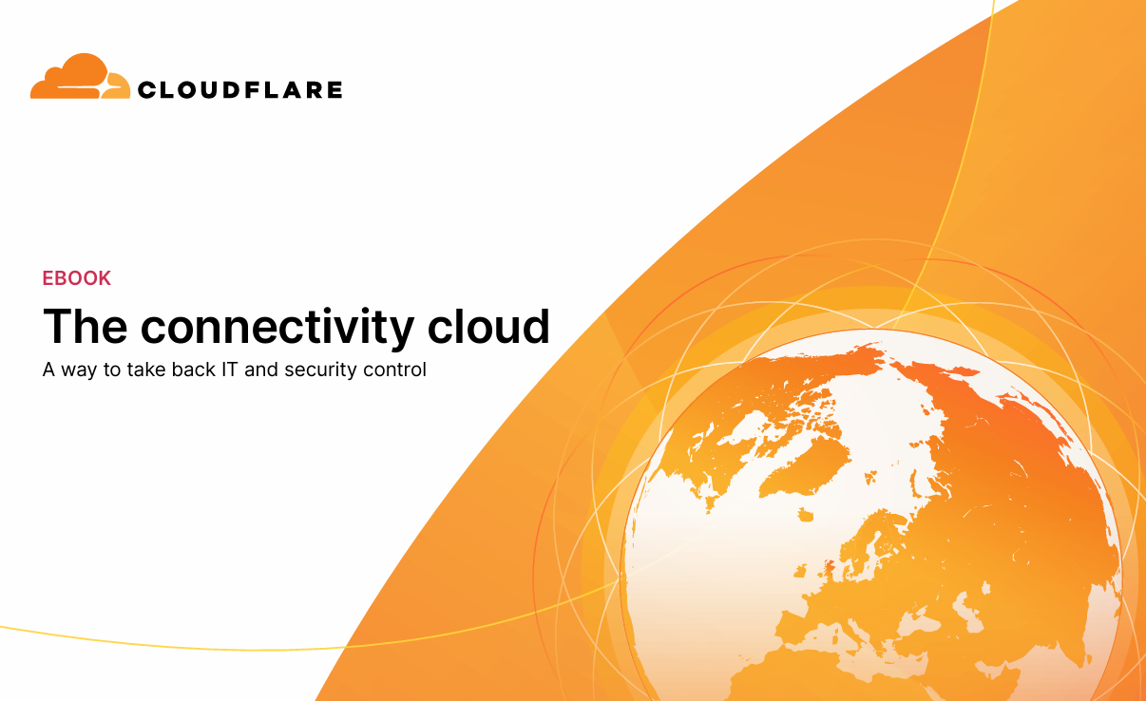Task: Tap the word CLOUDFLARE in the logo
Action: pyautogui.click(x=240, y=90)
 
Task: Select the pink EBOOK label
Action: pyautogui.click(x=77, y=278)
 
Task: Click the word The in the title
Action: pyautogui.click(x=86, y=326)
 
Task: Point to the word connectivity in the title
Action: pyautogui.click(x=277, y=328)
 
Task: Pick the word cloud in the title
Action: pyautogui.click(x=488, y=326)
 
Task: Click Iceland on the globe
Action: pyautogui.click(x=805, y=515)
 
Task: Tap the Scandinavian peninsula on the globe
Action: pyautogui.click(x=869, y=542)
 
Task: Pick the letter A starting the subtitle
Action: pyautogui.click(x=48, y=369)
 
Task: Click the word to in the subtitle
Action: pyautogui.click(x=111, y=369)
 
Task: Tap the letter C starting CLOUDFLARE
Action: pyautogui.click(x=147, y=90)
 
